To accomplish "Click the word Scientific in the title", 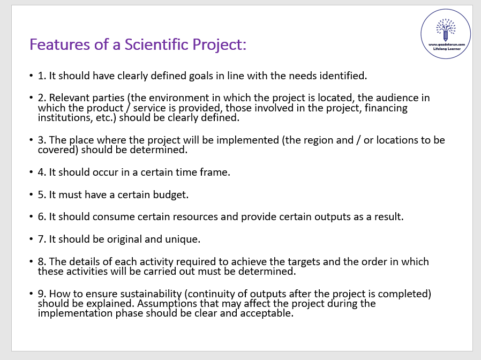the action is click(x=156, y=44).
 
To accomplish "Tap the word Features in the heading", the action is click(x=60, y=44).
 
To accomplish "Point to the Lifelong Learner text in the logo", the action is click(x=447, y=49).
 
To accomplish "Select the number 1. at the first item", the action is click(x=42, y=76).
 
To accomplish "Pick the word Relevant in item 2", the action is click(x=67, y=98).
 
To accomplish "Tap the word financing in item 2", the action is click(x=386, y=108).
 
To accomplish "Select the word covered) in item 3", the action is click(x=58, y=150).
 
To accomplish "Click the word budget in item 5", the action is click(x=170, y=195).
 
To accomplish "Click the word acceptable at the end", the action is click(x=267, y=313).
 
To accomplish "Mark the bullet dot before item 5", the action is click(x=31, y=194).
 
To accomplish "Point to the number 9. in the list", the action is click(x=42, y=294).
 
